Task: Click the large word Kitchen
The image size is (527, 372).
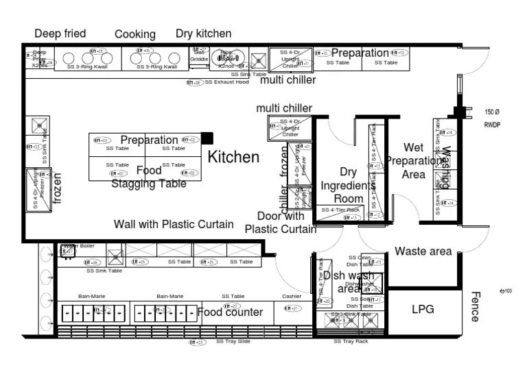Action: [x=233, y=158]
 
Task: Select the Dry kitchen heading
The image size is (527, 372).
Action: [x=203, y=33]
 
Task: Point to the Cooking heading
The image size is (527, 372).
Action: [x=135, y=34]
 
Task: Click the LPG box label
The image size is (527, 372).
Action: [x=423, y=309]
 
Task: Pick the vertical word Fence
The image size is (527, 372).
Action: [x=474, y=306]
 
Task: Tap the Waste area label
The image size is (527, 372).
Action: [x=423, y=251]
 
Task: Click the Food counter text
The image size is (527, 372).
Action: [x=231, y=312]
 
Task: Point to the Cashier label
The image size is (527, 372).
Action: [x=292, y=297]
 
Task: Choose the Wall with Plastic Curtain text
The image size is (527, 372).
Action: [x=174, y=224]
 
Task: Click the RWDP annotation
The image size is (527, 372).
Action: [x=493, y=125]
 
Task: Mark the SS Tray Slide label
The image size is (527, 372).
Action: [x=233, y=340]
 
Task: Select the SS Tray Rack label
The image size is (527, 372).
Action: [x=351, y=341]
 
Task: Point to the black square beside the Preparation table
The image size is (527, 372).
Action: [x=207, y=139]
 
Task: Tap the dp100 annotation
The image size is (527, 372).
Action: [x=506, y=291]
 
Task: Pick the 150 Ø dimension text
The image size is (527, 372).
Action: [x=492, y=112]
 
